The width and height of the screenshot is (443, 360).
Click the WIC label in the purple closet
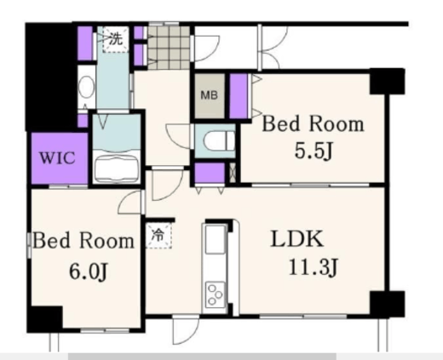pyautogui.click(x=57, y=158)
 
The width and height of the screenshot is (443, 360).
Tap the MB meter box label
pyautogui.click(x=210, y=95)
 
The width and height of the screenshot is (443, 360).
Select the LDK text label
pyautogui.click(x=297, y=239)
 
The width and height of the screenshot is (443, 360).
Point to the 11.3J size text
pyautogui.click(x=314, y=267)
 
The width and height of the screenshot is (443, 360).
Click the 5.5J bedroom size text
pyautogui.click(x=314, y=151)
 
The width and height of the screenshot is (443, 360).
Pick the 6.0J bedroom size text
pyautogui.click(x=89, y=271)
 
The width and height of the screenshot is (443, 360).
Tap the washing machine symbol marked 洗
pyautogui.click(x=116, y=39)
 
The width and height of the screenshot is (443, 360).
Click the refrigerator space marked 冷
pyautogui.click(x=158, y=235)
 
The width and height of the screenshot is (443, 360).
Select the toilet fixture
pyautogui.click(x=219, y=140)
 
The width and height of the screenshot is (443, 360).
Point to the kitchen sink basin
pyautogui.click(x=216, y=239)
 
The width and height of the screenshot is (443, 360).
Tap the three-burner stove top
pyautogui.click(x=216, y=294)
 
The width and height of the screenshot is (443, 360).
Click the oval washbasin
pyautogui.click(x=87, y=87)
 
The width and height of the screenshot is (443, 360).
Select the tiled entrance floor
pyautogui.click(x=169, y=48)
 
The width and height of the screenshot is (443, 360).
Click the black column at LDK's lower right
pyautogui.click(x=387, y=304)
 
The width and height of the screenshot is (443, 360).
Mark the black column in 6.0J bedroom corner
pyautogui.click(x=44, y=319)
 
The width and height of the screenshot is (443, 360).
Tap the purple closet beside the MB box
pyautogui.click(x=239, y=96)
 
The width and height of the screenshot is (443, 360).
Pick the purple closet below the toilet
pyautogui.click(x=210, y=173)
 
